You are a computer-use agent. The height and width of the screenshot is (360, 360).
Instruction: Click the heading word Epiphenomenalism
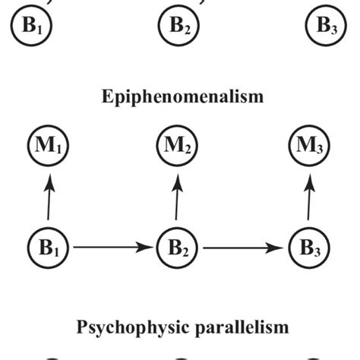180,97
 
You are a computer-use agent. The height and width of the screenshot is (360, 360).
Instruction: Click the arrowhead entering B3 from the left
283,247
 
